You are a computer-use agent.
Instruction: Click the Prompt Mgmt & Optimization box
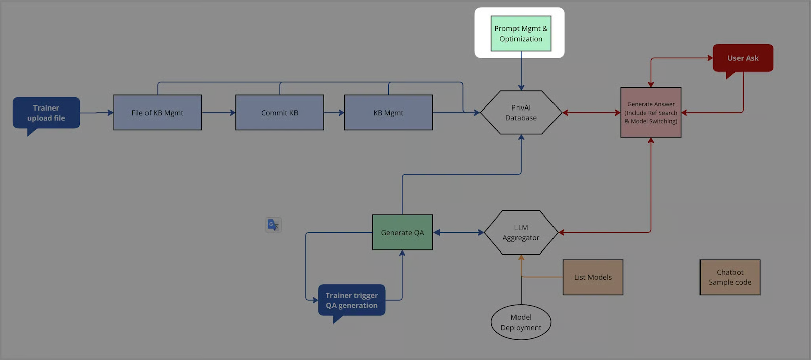[521, 33]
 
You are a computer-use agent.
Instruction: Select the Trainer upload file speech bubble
[46, 113]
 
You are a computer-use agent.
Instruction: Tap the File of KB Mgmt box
[158, 113]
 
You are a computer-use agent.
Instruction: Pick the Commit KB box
[279, 113]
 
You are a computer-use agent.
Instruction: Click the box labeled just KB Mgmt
[388, 113]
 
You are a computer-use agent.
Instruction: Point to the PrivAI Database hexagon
[521, 113]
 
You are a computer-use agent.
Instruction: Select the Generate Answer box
[651, 113]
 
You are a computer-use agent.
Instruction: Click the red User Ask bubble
[743, 58]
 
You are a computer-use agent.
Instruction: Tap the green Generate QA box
[402, 233]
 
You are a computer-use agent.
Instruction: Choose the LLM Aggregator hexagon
[521, 233]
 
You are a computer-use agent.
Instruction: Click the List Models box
[593, 277]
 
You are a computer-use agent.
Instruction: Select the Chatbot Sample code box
[730, 277]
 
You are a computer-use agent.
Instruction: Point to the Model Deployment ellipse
[521, 322]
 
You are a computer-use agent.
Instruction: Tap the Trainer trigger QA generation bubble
[352, 300]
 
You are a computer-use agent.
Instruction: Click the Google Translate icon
[273, 225]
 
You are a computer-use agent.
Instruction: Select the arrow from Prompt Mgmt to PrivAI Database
[521, 70]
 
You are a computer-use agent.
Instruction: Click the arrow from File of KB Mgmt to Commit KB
[218, 113]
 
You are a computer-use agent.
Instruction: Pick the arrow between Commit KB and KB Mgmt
[334, 113]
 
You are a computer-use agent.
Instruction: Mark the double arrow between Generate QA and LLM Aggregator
[459, 233]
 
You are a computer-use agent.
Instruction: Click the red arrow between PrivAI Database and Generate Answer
[592, 113]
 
